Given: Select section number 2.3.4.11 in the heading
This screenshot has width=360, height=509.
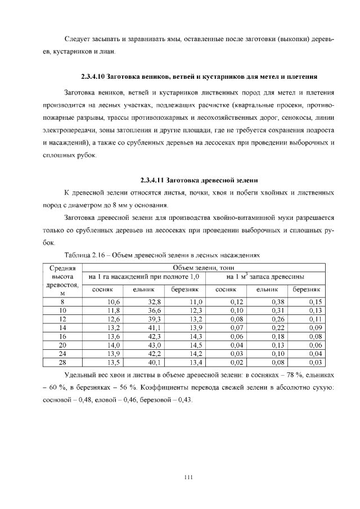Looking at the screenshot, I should tap(152, 181).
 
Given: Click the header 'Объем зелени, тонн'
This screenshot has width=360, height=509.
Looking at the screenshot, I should tap(203, 267).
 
